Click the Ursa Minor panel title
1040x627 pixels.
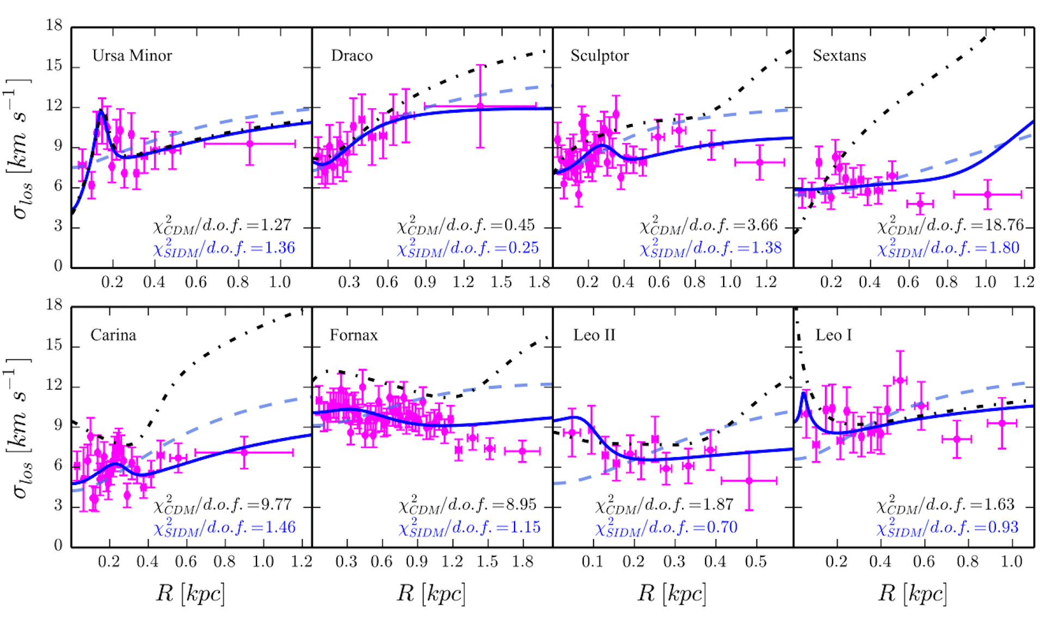click(x=132, y=56)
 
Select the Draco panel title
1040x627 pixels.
click(x=352, y=56)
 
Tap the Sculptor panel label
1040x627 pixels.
click(x=599, y=56)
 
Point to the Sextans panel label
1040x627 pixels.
click(x=839, y=56)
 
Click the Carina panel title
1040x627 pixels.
click(x=113, y=335)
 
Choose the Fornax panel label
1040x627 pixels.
click(x=353, y=335)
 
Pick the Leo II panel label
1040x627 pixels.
click(x=594, y=335)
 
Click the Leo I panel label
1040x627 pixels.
click(x=834, y=335)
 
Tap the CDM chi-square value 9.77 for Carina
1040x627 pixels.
click(x=277, y=504)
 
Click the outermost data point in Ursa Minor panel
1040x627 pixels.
click(x=249, y=144)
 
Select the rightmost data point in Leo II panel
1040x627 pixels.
click(x=749, y=481)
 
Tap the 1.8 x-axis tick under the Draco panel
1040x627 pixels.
click(x=539, y=282)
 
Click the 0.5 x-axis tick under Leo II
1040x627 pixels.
click(x=756, y=561)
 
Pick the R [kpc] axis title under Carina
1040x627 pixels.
click(x=190, y=593)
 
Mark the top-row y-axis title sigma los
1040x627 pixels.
click(x=21, y=148)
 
